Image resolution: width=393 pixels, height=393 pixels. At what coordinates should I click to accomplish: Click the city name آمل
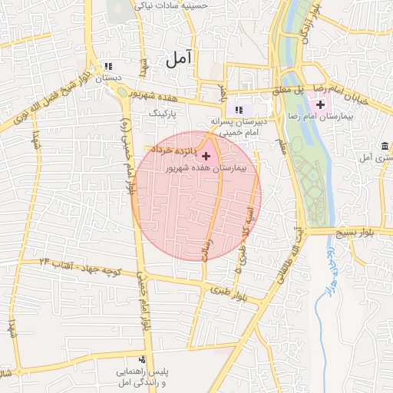(x=177, y=58)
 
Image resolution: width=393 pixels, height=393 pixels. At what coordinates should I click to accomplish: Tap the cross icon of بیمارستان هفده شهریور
(x=206, y=156)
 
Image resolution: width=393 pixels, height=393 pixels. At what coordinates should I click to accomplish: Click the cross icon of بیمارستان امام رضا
(x=320, y=104)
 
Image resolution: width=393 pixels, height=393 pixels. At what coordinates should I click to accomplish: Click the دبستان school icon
(x=107, y=67)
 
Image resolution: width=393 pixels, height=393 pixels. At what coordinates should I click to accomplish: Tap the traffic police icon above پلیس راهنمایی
(x=141, y=359)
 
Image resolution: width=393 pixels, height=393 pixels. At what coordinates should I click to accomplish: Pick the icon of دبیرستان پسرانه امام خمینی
(x=239, y=110)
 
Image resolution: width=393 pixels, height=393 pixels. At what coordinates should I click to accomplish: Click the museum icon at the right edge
(x=383, y=146)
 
